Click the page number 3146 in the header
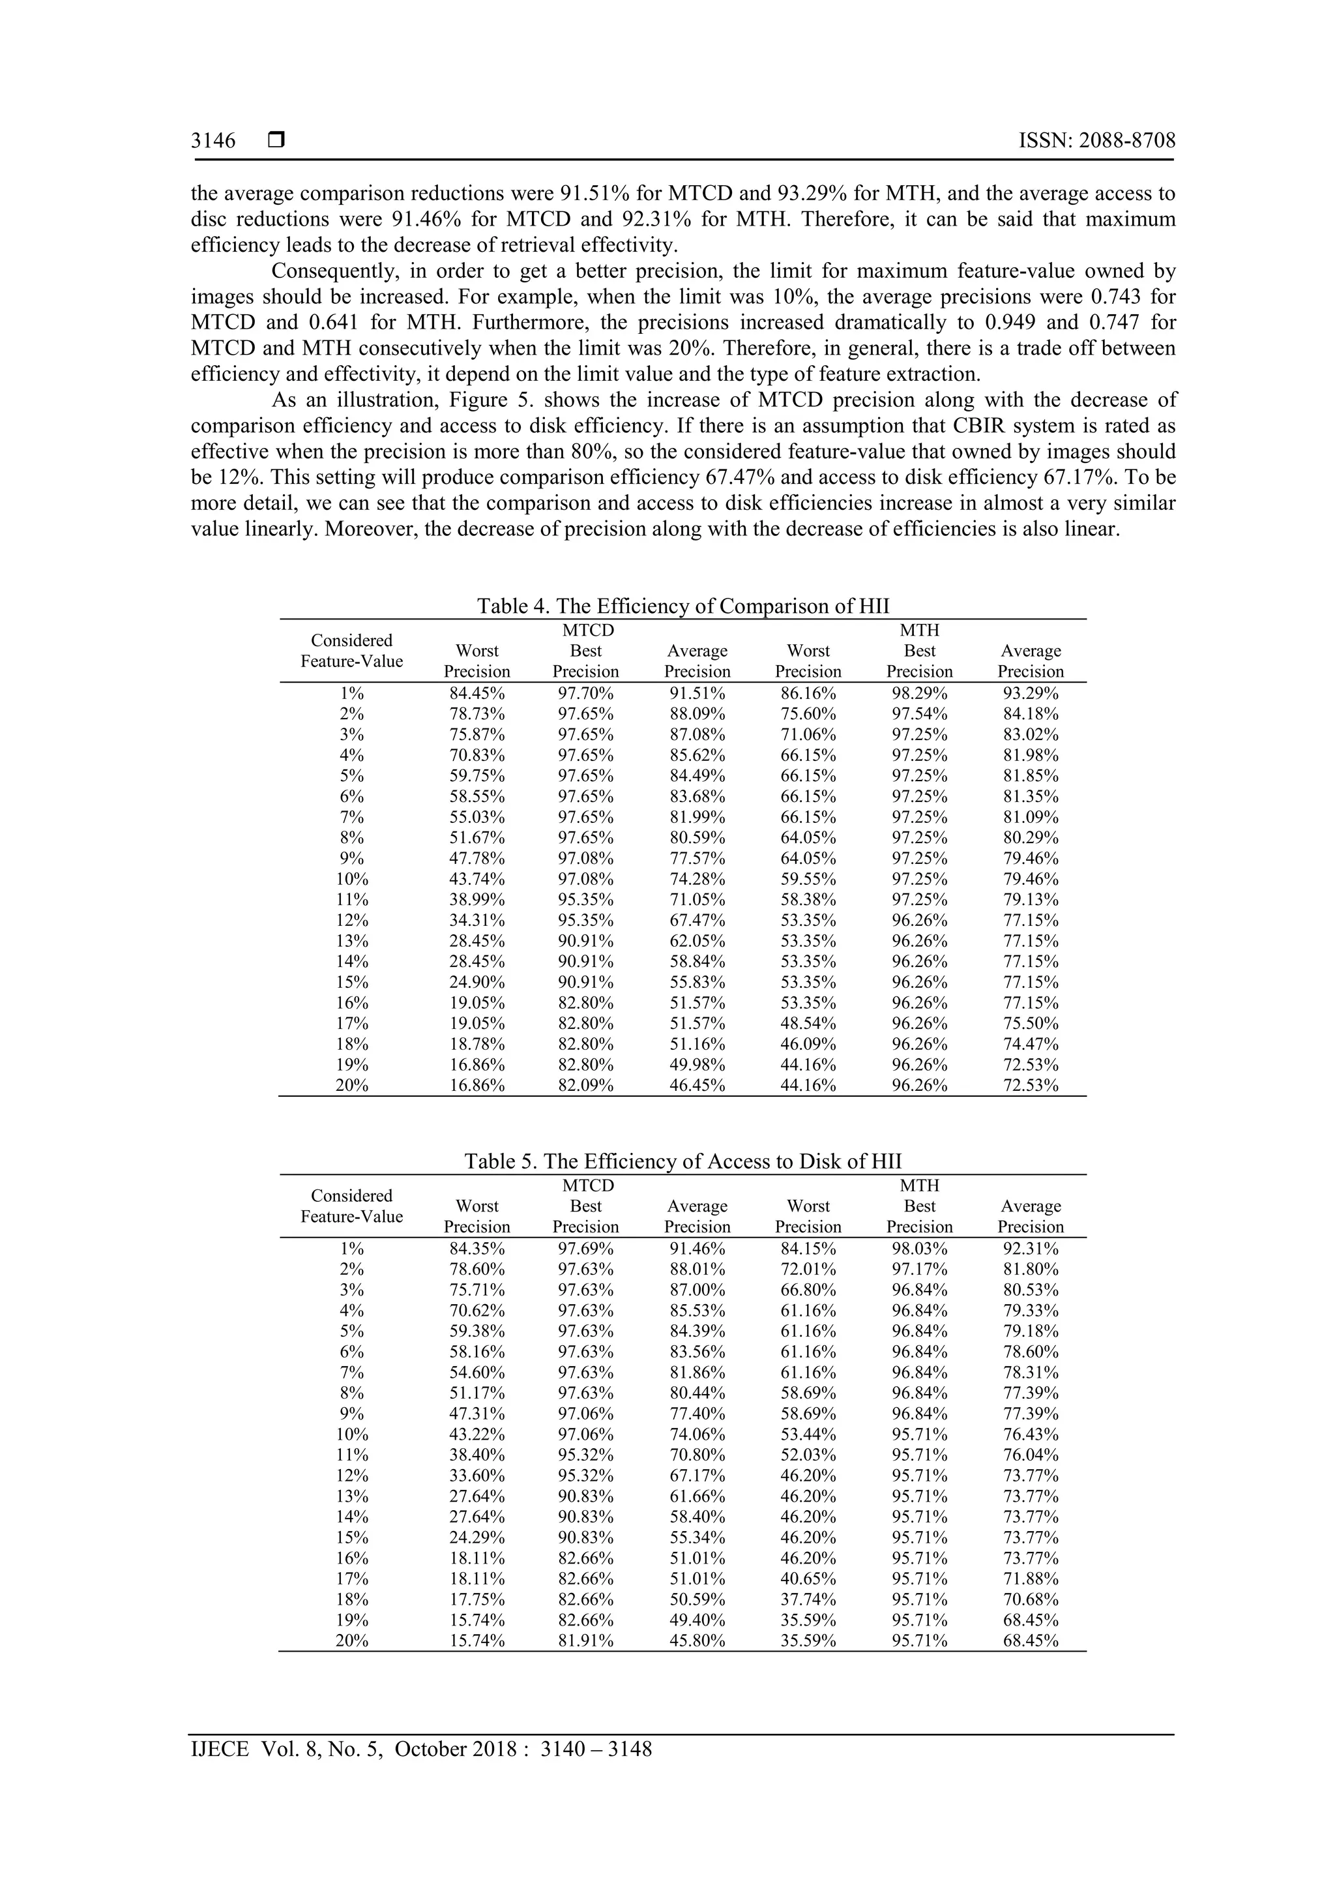[x=213, y=141]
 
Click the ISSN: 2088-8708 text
[x=1096, y=141]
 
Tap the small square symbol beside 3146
[x=276, y=141]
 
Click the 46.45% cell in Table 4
[x=697, y=1085]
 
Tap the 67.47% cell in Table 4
[x=697, y=920]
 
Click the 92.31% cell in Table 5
[x=1030, y=1248]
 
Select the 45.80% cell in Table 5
[x=697, y=1640]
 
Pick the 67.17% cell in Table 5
[x=697, y=1475]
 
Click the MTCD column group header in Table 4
[x=587, y=631]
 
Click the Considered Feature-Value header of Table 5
[x=351, y=1206]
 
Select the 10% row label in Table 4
[x=351, y=879]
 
